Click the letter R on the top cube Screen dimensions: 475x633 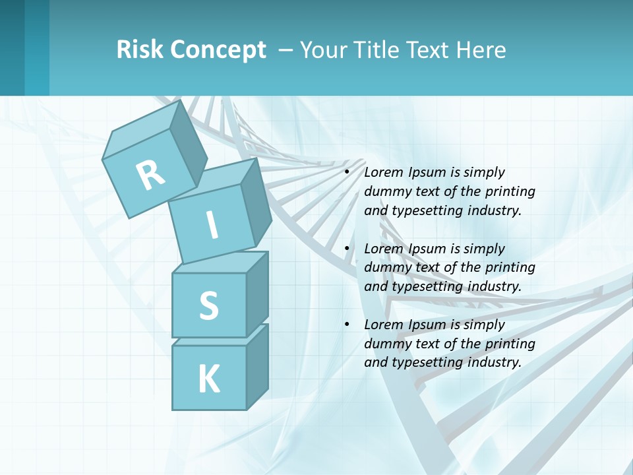(x=150, y=175)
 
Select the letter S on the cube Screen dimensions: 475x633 (x=208, y=305)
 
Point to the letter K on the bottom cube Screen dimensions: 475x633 (x=208, y=379)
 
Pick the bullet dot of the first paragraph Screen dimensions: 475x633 (x=347, y=172)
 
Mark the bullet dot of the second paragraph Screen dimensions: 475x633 (x=347, y=249)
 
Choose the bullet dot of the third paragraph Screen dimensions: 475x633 (x=347, y=325)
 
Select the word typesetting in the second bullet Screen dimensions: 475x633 (x=426, y=286)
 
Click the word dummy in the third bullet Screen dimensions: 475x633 (x=386, y=344)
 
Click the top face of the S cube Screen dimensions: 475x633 (x=221, y=263)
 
